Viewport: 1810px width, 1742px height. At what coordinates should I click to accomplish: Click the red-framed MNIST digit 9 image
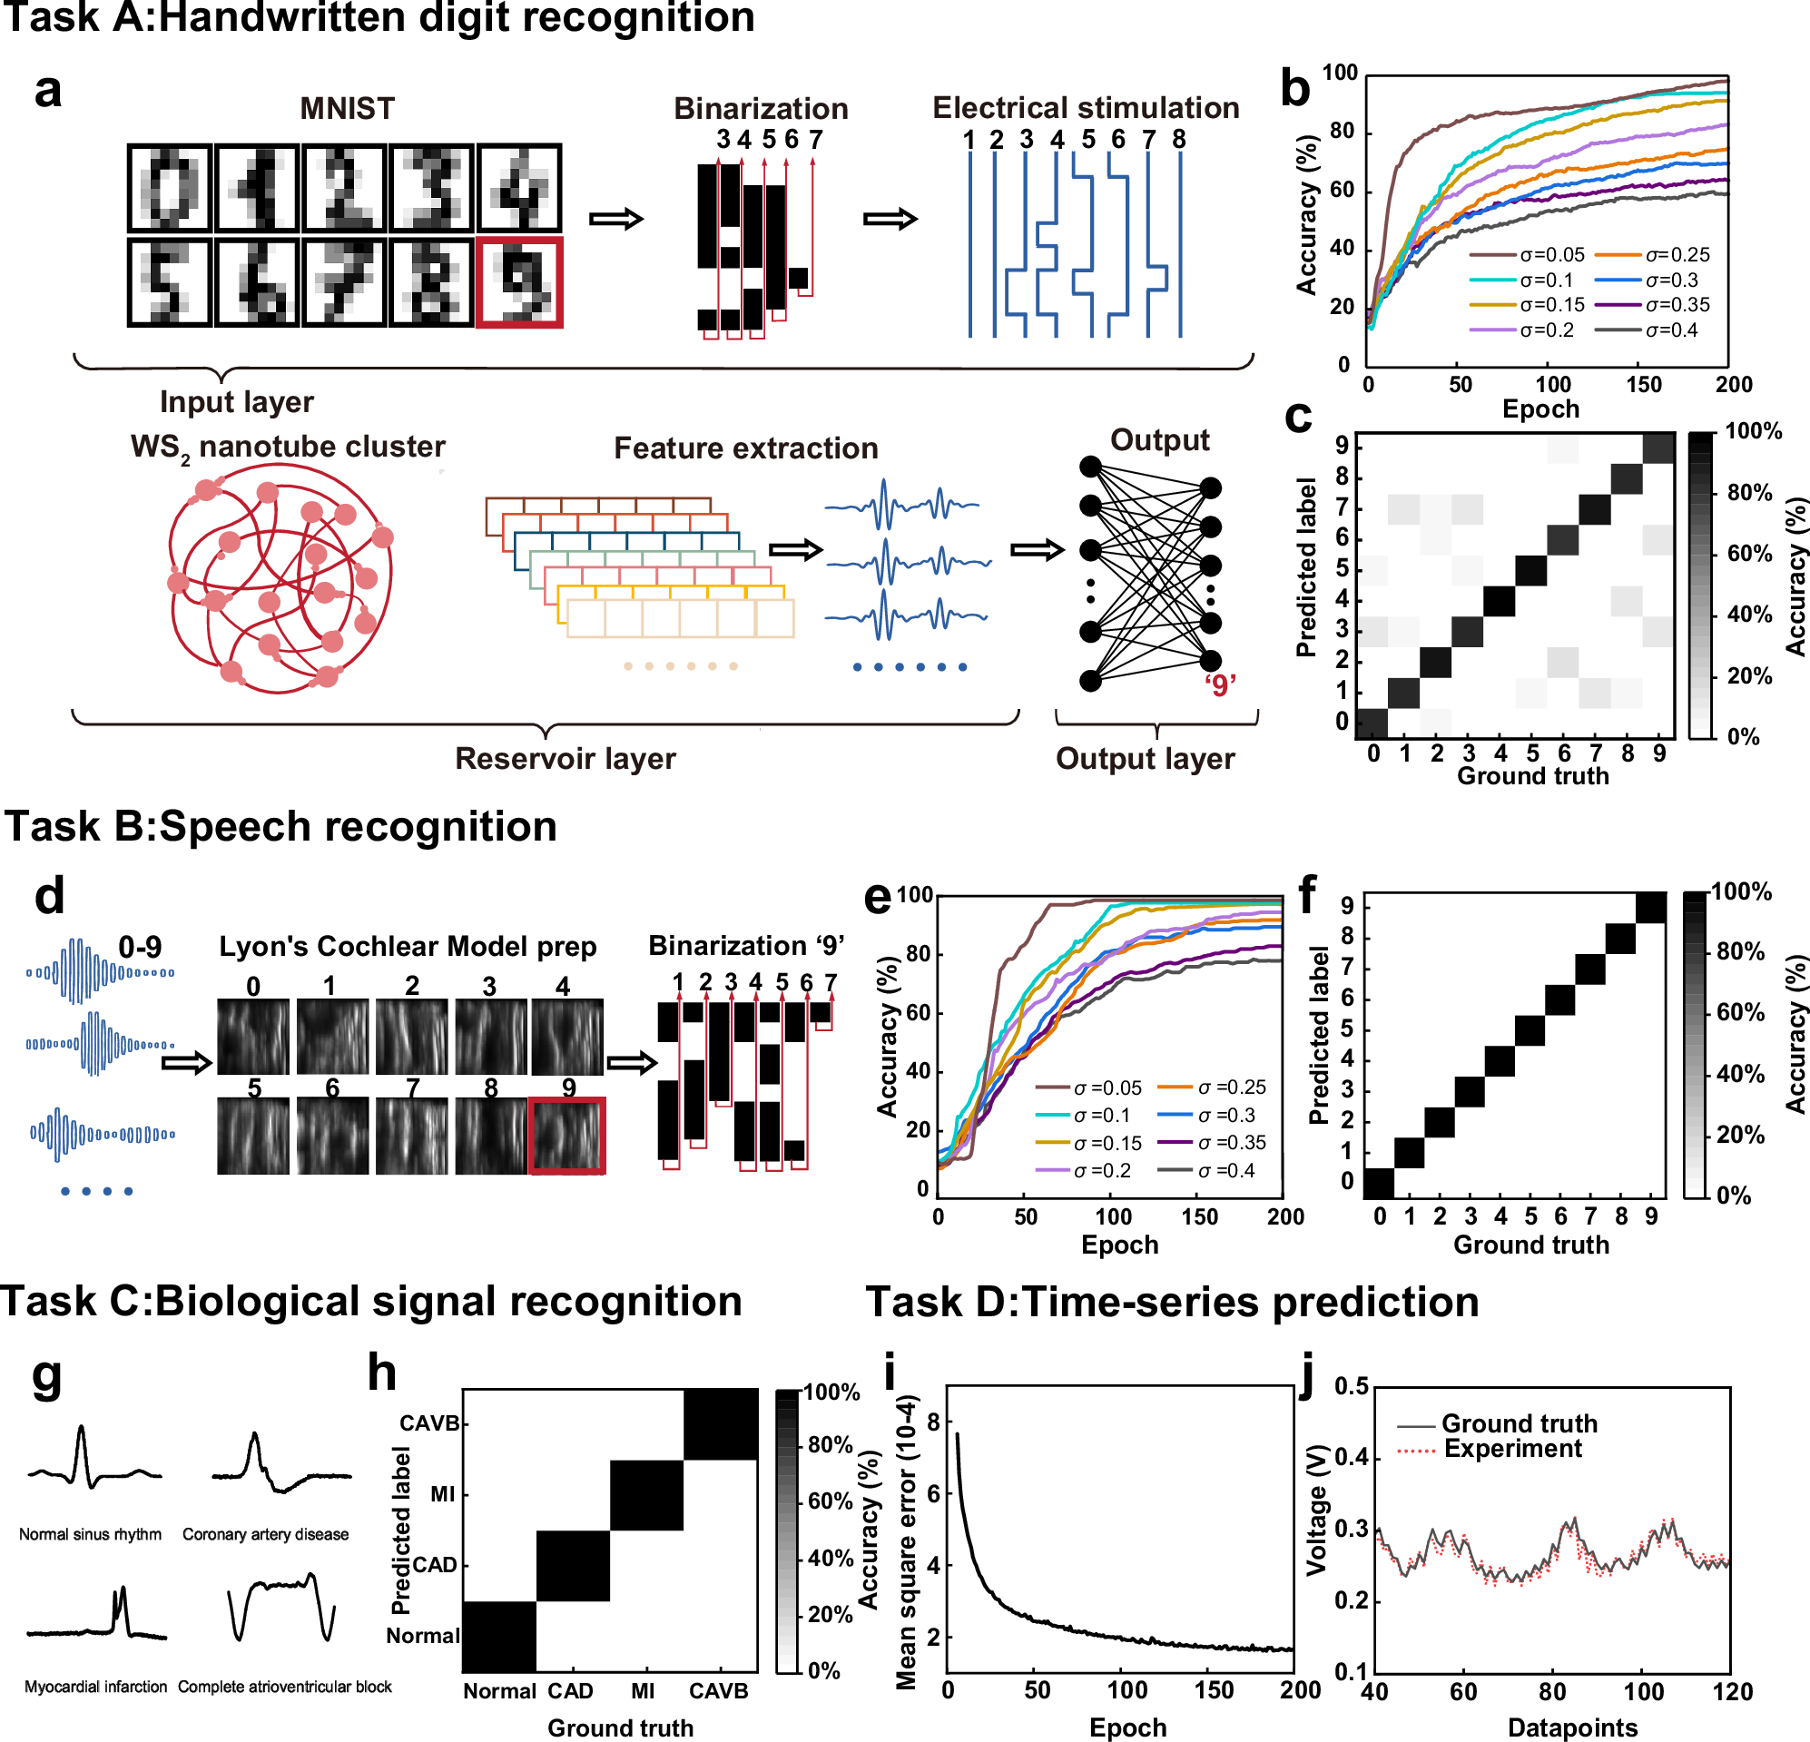point(519,281)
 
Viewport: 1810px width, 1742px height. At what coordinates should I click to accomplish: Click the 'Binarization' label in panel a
point(761,108)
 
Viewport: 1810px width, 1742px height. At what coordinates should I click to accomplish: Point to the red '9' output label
point(1220,685)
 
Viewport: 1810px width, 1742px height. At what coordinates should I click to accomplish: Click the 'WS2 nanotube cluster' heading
point(287,448)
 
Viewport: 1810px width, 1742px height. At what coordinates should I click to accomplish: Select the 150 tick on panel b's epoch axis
point(1643,384)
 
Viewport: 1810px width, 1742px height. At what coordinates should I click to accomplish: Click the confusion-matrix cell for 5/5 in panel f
point(1530,1030)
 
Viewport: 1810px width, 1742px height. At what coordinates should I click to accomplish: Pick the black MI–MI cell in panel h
point(646,1494)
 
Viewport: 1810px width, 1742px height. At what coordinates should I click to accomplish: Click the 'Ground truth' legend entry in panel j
point(1519,1423)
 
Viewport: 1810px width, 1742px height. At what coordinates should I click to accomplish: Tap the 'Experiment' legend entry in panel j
point(1511,1448)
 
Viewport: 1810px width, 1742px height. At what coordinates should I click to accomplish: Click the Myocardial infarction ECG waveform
point(97,1617)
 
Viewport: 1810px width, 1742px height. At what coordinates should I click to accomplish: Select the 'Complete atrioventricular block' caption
point(284,1687)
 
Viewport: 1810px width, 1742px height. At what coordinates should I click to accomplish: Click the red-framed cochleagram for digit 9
point(567,1136)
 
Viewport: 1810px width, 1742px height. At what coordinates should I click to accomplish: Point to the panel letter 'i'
point(890,1373)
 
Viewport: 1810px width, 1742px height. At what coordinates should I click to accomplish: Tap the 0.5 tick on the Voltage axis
point(1351,1386)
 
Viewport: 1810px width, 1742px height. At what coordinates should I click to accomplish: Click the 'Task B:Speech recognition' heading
point(280,827)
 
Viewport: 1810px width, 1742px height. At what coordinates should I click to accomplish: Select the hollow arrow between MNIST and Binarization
point(616,219)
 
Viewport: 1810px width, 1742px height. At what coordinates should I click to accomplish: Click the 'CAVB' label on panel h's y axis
point(428,1423)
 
